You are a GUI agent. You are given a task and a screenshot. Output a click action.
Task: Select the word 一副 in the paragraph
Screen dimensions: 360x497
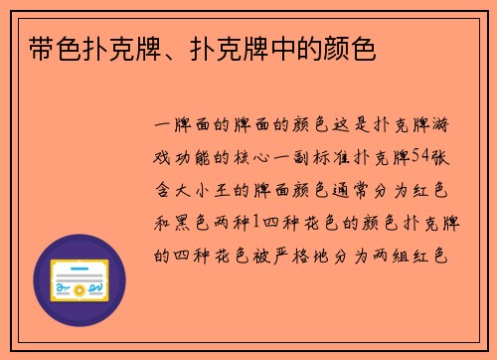(311, 157)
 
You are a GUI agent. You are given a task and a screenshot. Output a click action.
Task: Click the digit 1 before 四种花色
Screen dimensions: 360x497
(255, 221)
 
